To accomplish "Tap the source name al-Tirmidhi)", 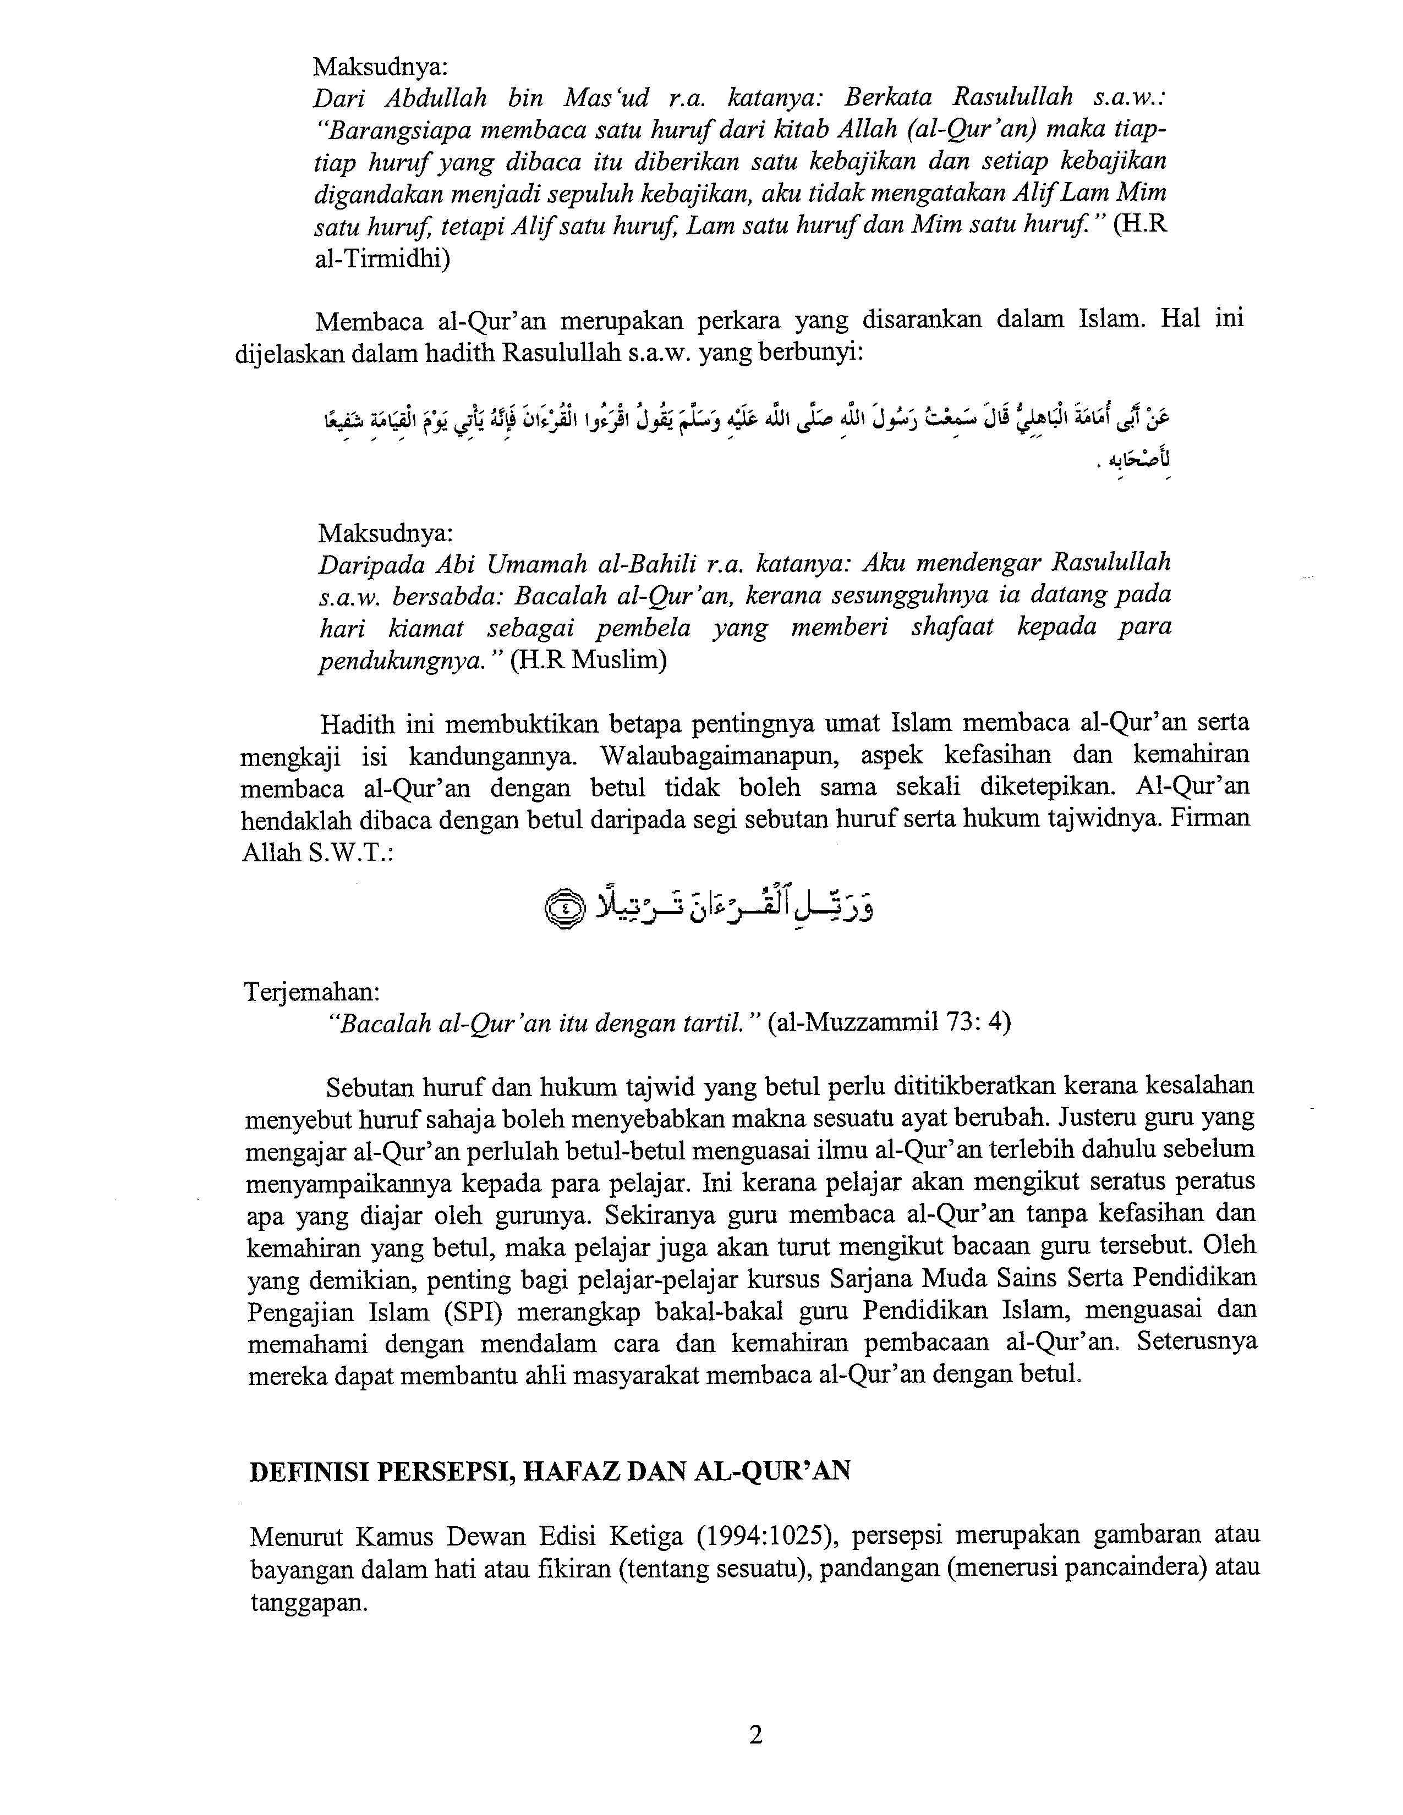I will pyautogui.click(x=382, y=259).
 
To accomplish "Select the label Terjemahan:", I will pyautogui.click(x=311, y=991).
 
